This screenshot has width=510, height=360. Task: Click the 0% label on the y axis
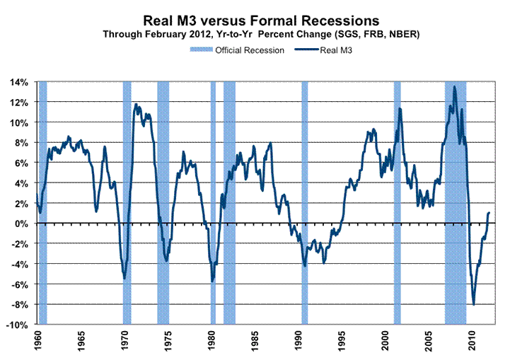21,223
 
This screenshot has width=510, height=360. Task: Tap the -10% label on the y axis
18,325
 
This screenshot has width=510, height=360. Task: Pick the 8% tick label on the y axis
21,143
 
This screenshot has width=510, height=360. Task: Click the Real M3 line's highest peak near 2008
454,87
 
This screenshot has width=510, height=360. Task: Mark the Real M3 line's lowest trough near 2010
473,304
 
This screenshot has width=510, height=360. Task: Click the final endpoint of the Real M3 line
489,212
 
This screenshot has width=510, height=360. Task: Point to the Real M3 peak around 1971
136,104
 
